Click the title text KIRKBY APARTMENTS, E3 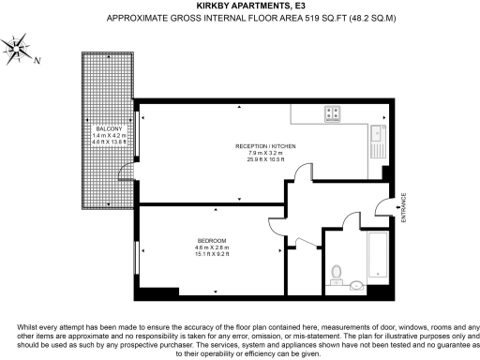239,7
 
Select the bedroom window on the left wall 138,258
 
